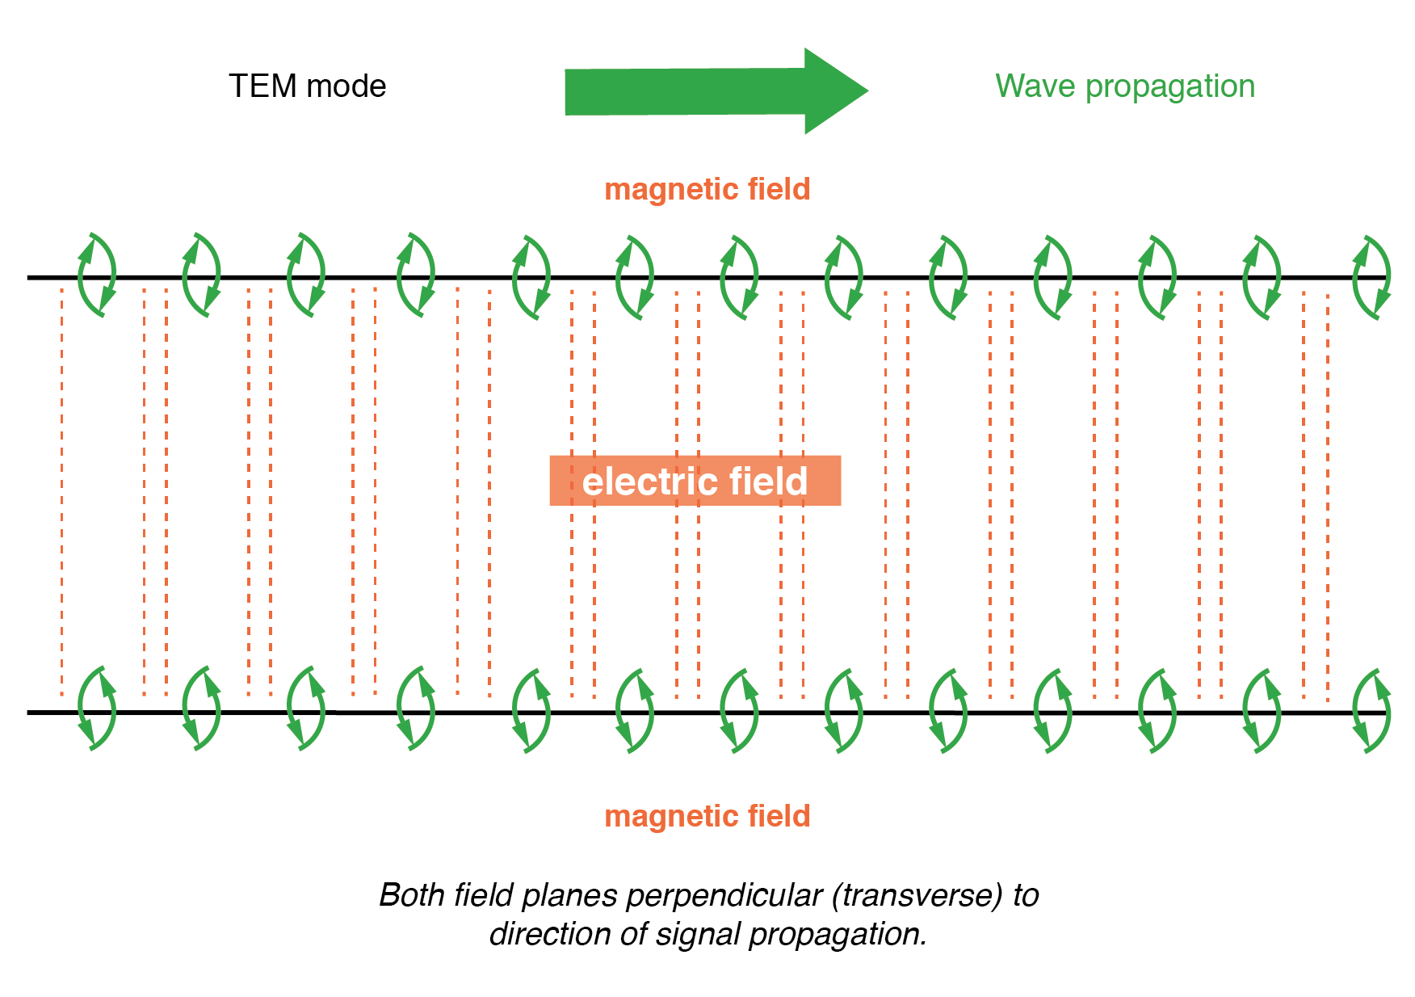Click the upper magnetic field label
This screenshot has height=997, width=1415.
pyautogui.click(x=707, y=189)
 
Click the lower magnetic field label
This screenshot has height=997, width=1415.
pyautogui.click(x=707, y=816)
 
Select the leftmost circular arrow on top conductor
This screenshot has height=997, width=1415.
pyautogui.click(x=97, y=276)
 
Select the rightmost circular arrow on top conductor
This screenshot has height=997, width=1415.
pyautogui.click(x=1371, y=278)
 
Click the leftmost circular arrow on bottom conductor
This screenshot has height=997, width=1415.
pyautogui.click(x=97, y=709)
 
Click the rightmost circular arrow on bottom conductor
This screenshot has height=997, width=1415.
pyautogui.click(x=1371, y=711)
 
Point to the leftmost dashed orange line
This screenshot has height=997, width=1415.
pyautogui.click(x=61, y=485)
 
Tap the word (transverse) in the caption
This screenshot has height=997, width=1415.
pyautogui.click(x=917, y=896)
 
